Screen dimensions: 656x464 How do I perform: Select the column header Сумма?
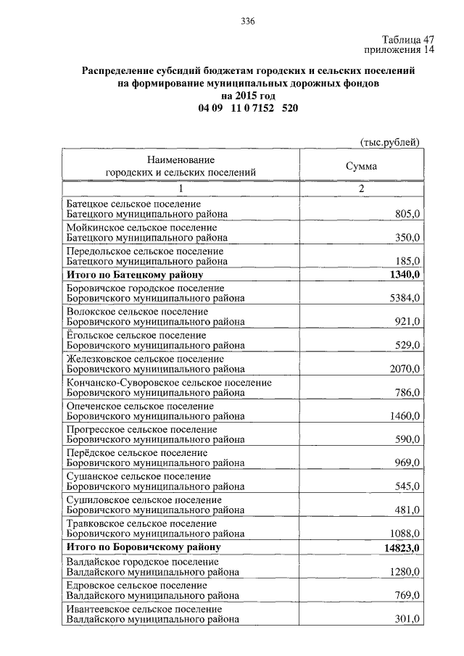[x=361, y=166]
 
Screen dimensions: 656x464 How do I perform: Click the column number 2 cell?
[x=361, y=188]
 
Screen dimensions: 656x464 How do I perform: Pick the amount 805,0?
[x=407, y=214]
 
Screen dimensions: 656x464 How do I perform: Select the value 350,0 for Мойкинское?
[x=407, y=238]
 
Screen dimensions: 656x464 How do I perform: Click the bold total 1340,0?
[x=405, y=274]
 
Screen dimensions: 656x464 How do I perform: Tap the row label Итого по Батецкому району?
[x=134, y=275]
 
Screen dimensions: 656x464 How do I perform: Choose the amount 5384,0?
[x=405, y=298]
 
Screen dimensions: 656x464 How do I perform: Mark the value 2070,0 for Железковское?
[x=405, y=369]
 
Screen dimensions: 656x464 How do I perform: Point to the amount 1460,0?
[x=405, y=417]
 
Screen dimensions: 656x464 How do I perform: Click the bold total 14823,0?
[x=402, y=547]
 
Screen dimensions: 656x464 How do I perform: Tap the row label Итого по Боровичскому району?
[x=143, y=547]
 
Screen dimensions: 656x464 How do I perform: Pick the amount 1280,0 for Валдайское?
[x=405, y=572]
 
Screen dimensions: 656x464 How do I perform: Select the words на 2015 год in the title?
[x=247, y=96]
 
